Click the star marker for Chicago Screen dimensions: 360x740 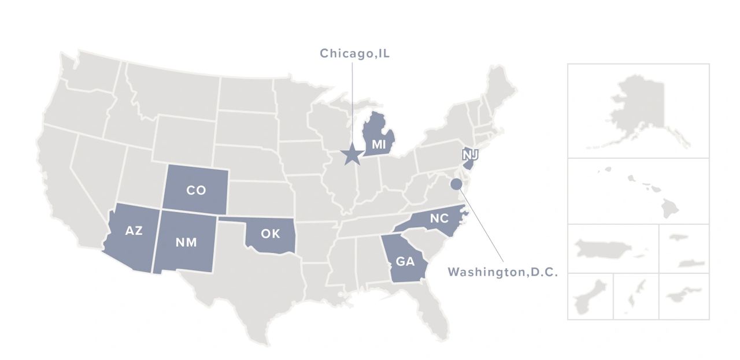(350, 154)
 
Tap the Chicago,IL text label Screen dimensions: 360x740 (355, 54)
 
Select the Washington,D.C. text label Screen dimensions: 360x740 (503, 272)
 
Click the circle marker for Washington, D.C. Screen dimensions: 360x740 (456, 184)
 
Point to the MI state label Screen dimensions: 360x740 (379, 144)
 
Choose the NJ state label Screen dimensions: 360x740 (469, 155)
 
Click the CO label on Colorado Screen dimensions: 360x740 (196, 190)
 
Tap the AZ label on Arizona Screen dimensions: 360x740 (134, 231)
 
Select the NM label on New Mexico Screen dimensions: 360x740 (186, 242)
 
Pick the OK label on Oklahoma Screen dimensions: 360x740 (271, 234)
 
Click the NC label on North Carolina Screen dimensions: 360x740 (439, 218)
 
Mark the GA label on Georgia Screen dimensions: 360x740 (405, 261)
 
